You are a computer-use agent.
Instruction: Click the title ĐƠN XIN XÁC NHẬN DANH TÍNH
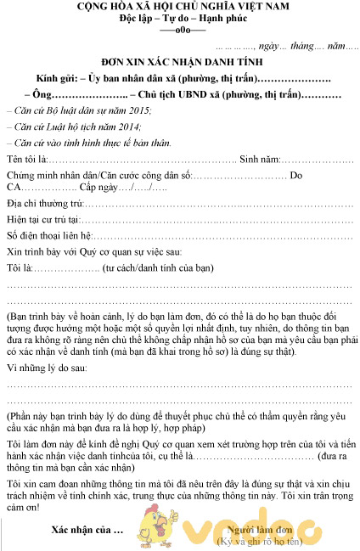[181, 62]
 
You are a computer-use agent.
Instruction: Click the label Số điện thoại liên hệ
[48, 236]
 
